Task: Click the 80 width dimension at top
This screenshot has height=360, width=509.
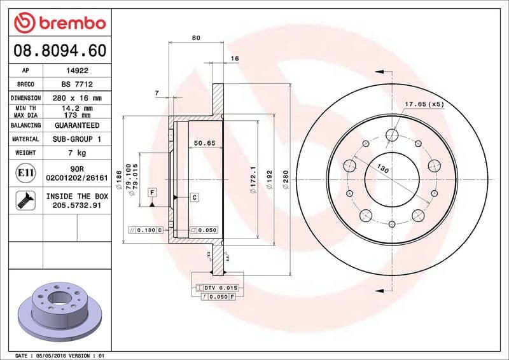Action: [196, 38]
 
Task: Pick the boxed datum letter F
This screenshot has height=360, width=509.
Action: [152, 192]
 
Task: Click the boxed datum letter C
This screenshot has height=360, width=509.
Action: [194, 198]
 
